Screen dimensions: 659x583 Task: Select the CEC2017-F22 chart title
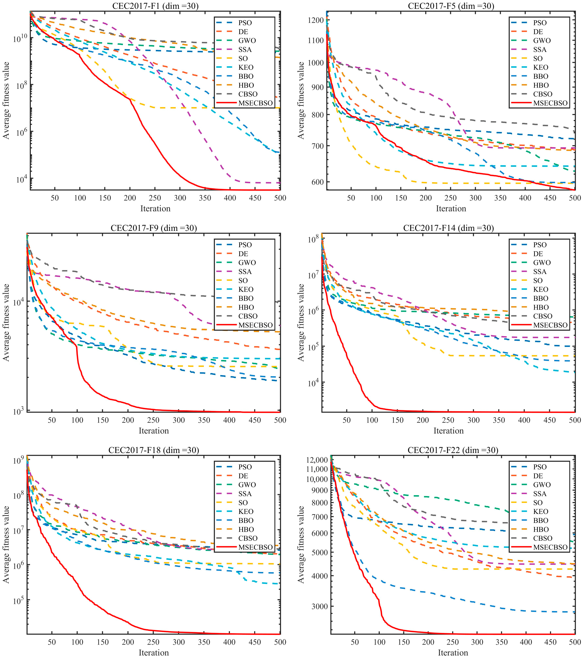(453, 450)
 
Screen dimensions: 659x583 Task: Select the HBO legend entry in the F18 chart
(246, 529)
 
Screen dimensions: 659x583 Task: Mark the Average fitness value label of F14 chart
(301, 322)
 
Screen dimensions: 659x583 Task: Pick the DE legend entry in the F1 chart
(243, 32)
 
